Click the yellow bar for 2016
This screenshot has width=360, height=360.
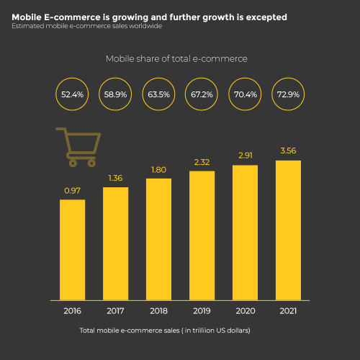[72, 249]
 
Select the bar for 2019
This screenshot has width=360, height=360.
[202, 235]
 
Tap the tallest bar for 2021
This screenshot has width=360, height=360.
[288, 229]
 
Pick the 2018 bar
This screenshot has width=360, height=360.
[158, 238]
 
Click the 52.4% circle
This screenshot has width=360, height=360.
[72, 94]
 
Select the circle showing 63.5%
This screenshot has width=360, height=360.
[158, 94]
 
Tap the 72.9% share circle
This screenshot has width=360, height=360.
[288, 94]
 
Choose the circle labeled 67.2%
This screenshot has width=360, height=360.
[202, 94]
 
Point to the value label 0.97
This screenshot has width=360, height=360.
[72, 190]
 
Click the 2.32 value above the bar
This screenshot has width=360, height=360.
[202, 162]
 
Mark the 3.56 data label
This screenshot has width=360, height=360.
[288, 151]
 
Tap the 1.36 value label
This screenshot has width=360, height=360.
[115, 178]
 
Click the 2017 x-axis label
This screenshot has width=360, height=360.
[115, 312]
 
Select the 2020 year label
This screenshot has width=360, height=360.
[245, 312]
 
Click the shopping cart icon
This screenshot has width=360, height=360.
[76, 144]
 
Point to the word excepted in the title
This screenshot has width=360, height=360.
[262, 17]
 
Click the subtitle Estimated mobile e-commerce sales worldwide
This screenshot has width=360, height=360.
[86, 26]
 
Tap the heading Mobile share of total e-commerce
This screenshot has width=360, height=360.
[178, 59]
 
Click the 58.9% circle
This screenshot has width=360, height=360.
[115, 94]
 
